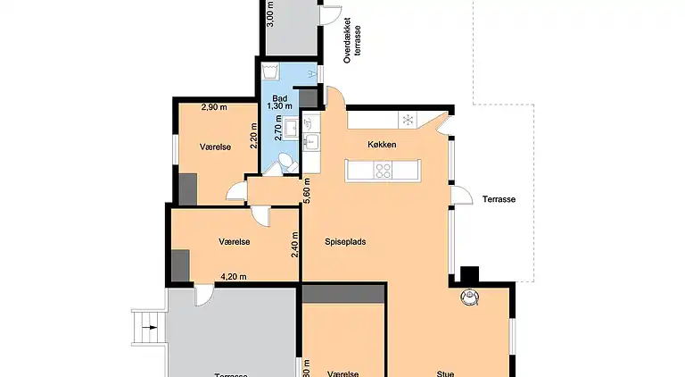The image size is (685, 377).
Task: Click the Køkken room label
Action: [381, 145]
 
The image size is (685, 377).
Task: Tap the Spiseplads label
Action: [344, 241]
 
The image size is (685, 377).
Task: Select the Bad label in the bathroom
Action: [279, 96]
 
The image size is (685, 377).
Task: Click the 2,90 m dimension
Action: [213, 107]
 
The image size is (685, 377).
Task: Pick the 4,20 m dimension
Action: [235, 277]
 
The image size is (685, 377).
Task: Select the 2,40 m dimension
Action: [295, 245]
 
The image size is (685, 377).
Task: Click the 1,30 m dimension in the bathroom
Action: [279, 106]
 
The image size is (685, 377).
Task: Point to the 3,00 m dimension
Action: [271, 13]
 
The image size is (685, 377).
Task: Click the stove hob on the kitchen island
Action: [384, 169]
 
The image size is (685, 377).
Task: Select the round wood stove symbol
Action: [469, 297]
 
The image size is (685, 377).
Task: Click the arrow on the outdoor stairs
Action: [152, 327]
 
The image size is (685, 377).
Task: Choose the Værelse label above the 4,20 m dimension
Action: [234, 242]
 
